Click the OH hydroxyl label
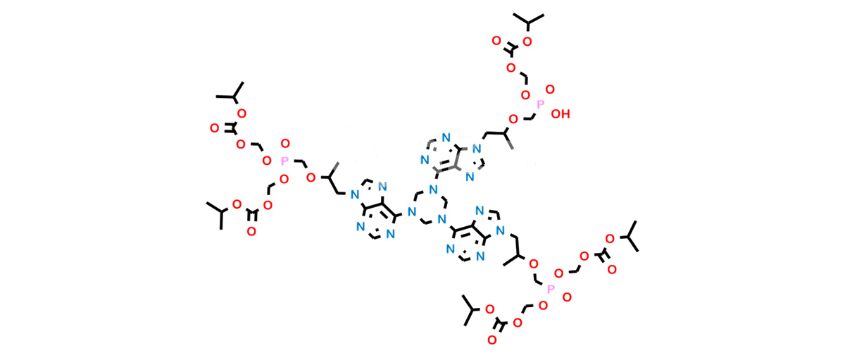point(561,114)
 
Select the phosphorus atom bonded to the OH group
point(540,104)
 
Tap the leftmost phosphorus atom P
point(284,161)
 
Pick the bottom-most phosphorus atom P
point(551,290)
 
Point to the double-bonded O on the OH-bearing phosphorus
point(550,89)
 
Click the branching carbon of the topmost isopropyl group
point(528,23)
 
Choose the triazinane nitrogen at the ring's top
point(434,189)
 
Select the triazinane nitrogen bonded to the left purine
point(412,211)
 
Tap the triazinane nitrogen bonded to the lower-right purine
point(442,219)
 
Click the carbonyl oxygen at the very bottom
point(492,340)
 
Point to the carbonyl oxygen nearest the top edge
point(496,41)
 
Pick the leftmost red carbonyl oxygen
point(214,128)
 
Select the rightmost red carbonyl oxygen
point(612,269)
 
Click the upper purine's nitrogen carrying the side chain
point(477,149)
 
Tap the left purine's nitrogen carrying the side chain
point(354,194)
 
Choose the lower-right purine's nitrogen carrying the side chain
point(500,230)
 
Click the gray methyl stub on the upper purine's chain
point(509,142)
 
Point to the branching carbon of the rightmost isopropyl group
point(629,237)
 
